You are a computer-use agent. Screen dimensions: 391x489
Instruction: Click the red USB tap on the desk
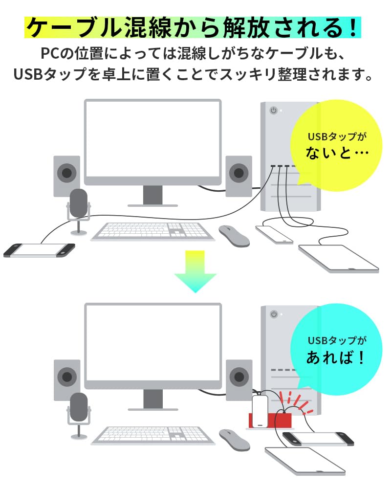(x=270, y=419)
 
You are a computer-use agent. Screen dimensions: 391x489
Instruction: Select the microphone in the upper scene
(x=78, y=205)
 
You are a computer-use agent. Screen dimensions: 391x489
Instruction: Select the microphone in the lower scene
(x=78, y=409)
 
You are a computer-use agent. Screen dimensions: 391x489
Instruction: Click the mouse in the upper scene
(x=234, y=235)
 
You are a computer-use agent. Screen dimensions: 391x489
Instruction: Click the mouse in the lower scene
(x=234, y=439)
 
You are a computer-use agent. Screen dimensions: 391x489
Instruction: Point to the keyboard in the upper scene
(x=152, y=231)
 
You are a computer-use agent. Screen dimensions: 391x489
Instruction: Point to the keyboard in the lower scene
(x=152, y=435)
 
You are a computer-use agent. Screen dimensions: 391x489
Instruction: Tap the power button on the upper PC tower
(x=274, y=111)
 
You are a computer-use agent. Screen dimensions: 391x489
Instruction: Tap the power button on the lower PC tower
(x=274, y=314)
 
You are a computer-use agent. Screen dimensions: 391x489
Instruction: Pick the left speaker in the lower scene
(x=66, y=377)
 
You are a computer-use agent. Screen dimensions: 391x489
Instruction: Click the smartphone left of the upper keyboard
(x=39, y=250)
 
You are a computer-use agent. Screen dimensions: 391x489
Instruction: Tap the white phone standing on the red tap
(x=260, y=404)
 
